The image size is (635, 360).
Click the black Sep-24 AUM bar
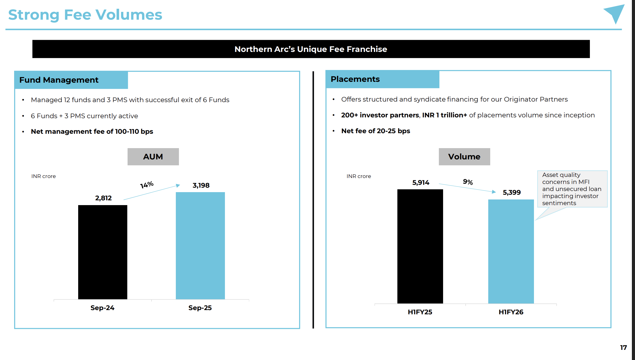click(x=102, y=252)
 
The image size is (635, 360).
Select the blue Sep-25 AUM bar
click(x=200, y=245)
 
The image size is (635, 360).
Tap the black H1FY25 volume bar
click(x=420, y=246)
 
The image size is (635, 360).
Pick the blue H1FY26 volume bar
click(x=511, y=251)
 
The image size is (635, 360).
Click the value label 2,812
click(x=103, y=198)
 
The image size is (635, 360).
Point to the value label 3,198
click(x=201, y=185)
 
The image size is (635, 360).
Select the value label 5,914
click(x=421, y=183)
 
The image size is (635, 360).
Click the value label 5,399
click(x=511, y=192)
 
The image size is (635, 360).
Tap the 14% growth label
click(x=147, y=185)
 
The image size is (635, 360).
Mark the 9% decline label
click(x=468, y=182)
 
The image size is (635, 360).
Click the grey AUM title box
click(x=153, y=157)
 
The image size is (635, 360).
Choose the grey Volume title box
click(x=464, y=157)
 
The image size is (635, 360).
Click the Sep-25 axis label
click(x=200, y=308)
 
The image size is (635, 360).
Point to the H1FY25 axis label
click(x=420, y=312)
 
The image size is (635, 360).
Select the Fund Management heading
click(x=59, y=80)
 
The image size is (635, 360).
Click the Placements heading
click(x=355, y=79)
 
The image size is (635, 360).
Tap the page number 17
click(x=623, y=348)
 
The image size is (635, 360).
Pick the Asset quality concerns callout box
click(x=572, y=189)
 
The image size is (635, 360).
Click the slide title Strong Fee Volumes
click(x=85, y=15)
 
